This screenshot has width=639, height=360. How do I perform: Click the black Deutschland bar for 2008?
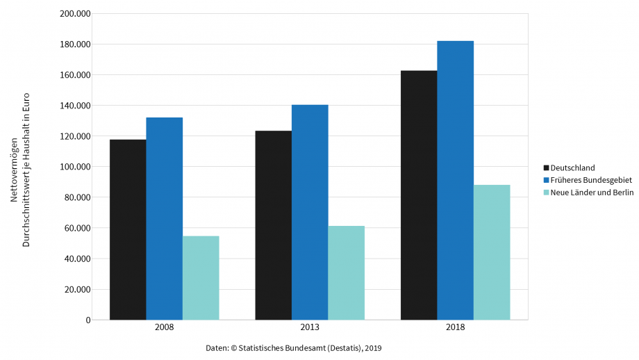click(x=128, y=229)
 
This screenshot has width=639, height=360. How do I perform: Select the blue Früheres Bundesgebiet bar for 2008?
click(x=164, y=218)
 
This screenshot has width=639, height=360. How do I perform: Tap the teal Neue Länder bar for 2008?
click(x=201, y=278)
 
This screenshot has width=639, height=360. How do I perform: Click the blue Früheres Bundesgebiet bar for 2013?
click(x=310, y=212)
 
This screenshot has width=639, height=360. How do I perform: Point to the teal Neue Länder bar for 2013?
click(x=346, y=272)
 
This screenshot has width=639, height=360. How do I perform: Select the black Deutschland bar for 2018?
click(x=419, y=195)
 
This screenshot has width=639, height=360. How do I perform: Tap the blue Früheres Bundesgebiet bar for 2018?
click(x=455, y=180)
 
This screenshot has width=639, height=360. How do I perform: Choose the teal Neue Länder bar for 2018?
click(x=492, y=252)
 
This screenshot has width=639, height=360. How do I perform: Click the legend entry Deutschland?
click(x=572, y=167)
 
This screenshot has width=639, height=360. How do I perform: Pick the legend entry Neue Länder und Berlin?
click(x=591, y=193)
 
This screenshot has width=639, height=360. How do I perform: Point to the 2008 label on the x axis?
click(x=165, y=328)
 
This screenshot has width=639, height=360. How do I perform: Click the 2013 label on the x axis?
click(x=310, y=328)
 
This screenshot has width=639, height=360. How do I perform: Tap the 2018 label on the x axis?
click(x=455, y=328)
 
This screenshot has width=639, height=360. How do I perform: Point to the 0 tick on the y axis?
click(x=88, y=320)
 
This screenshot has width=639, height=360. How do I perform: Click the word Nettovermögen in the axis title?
click(x=14, y=170)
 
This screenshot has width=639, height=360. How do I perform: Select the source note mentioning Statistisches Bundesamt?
click(x=294, y=347)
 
